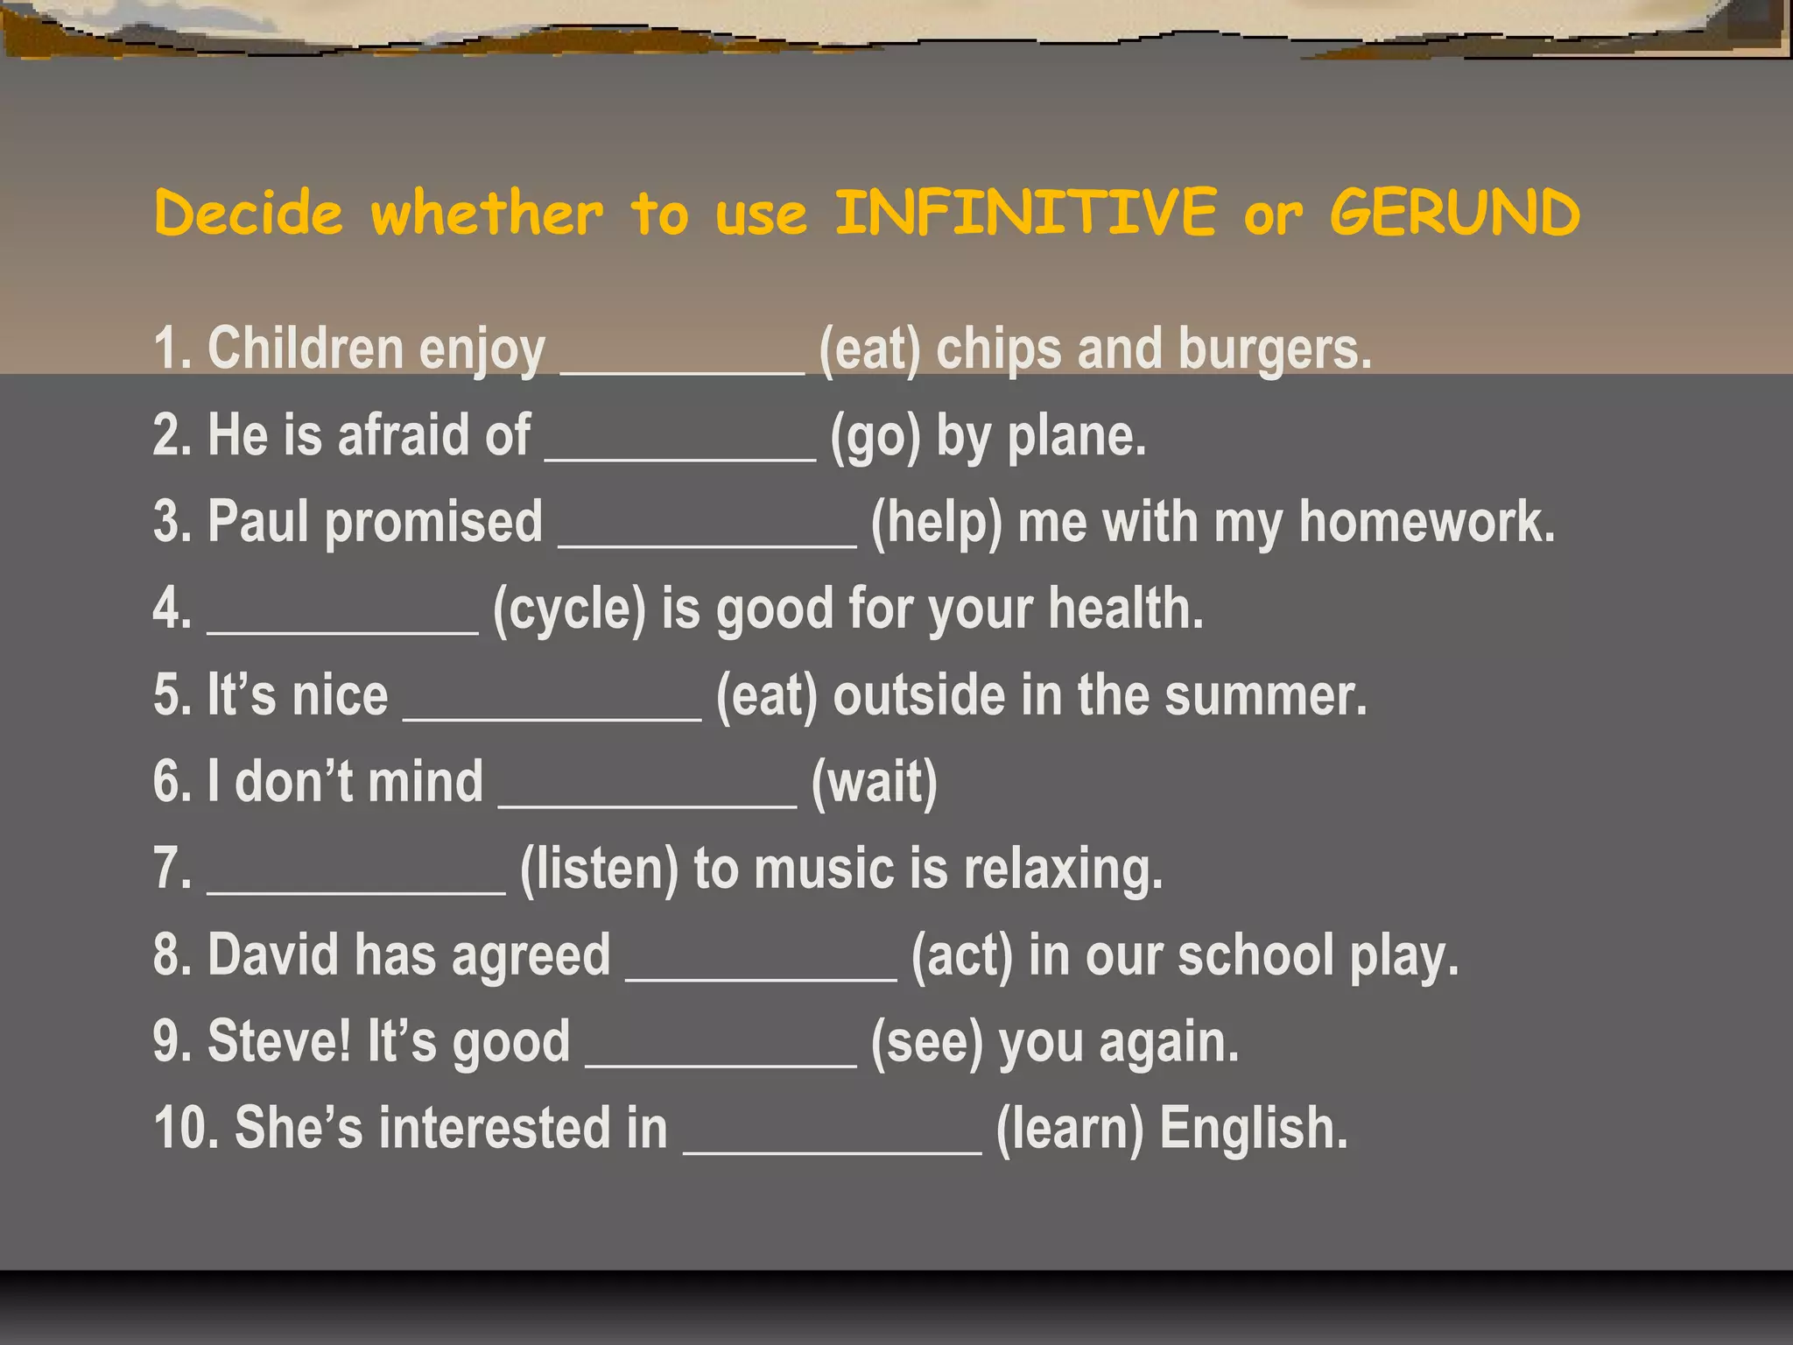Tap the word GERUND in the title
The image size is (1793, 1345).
tap(1455, 213)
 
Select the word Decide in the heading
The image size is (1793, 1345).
tap(249, 213)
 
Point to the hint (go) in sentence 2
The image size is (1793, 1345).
tap(875, 435)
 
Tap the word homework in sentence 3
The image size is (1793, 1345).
tap(1426, 522)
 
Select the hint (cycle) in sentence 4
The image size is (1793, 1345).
tap(569, 609)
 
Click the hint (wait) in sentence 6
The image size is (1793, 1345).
tap(874, 782)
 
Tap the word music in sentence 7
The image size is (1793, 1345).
tap(824, 869)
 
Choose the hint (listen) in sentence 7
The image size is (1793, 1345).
tap(599, 869)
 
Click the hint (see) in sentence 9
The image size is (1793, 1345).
tap(927, 1041)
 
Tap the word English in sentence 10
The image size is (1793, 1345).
tap(1254, 1128)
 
